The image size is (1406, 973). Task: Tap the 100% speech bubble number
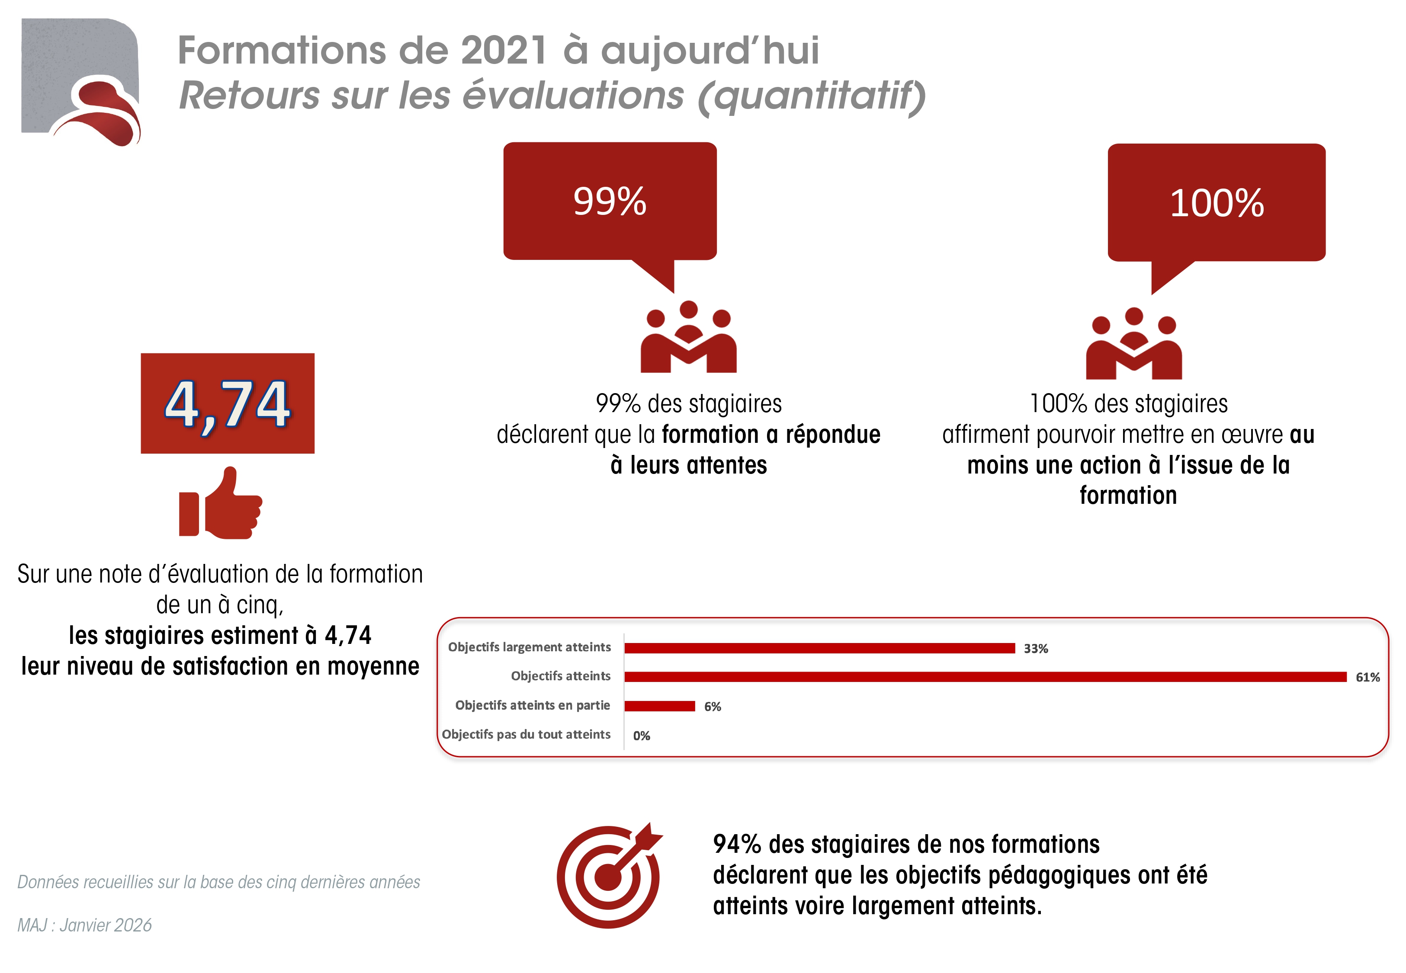[1217, 203]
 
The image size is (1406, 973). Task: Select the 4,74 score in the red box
[228, 403]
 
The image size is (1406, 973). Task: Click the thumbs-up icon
[221, 503]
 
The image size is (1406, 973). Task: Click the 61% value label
[1367, 677]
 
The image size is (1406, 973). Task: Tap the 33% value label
[1035, 649]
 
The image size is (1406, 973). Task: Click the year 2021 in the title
[503, 50]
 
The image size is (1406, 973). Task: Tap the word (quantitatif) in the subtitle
[811, 96]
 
